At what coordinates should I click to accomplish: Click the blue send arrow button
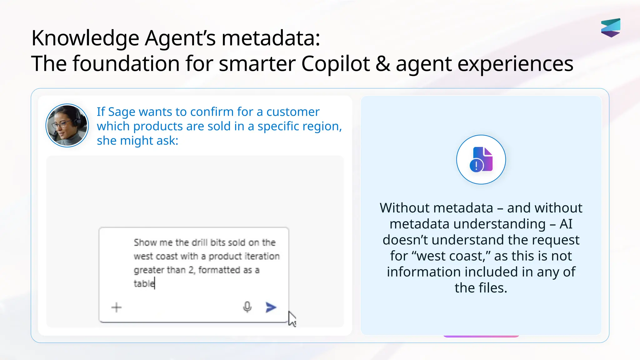point(271,307)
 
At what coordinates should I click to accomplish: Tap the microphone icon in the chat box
point(247,307)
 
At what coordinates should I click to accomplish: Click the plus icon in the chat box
point(117,307)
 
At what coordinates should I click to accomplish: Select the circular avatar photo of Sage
point(67,126)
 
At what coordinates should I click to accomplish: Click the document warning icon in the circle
point(481,159)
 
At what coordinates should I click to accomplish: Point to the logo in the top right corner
point(611,28)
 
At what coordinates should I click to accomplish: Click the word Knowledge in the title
point(85,38)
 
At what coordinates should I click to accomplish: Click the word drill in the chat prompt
point(199,242)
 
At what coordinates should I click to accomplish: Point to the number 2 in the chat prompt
point(192,270)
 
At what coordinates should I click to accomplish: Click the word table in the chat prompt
point(144,284)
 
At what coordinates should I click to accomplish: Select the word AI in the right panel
point(566,224)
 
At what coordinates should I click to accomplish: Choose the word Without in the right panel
point(404,208)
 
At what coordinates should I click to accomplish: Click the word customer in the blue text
point(293,112)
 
